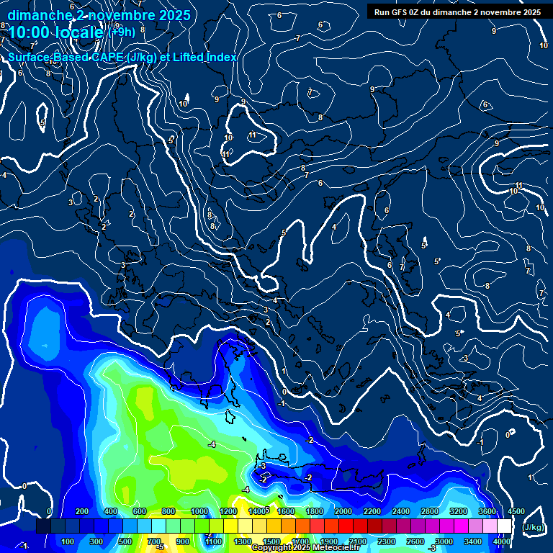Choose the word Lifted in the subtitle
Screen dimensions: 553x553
click(189, 57)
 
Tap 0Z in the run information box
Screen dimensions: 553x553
click(420, 12)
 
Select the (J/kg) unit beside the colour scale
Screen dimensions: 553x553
click(533, 527)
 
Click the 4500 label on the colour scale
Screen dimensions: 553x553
click(516, 511)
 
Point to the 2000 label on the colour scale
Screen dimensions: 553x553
click(343, 511)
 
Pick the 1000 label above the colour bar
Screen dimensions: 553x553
click(199, 511)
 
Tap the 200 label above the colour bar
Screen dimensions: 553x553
click(81, 511)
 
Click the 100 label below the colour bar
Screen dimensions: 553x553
click(68, 541)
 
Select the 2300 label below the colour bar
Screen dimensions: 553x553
click(387, 541)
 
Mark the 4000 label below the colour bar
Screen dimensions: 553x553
click(502, 541)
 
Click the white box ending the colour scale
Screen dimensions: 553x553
click(504, 526)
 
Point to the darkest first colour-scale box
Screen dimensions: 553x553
click(43, 526)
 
